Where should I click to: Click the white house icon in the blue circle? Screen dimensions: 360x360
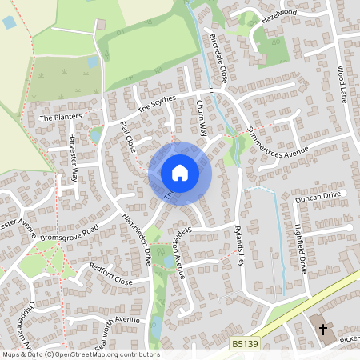(x=180, y=173)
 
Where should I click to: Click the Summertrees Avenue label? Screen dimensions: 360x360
(x=277, y=142)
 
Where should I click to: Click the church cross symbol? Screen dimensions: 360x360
(x=324, y=329)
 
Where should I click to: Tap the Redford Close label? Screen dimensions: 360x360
(x=110, y=275)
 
